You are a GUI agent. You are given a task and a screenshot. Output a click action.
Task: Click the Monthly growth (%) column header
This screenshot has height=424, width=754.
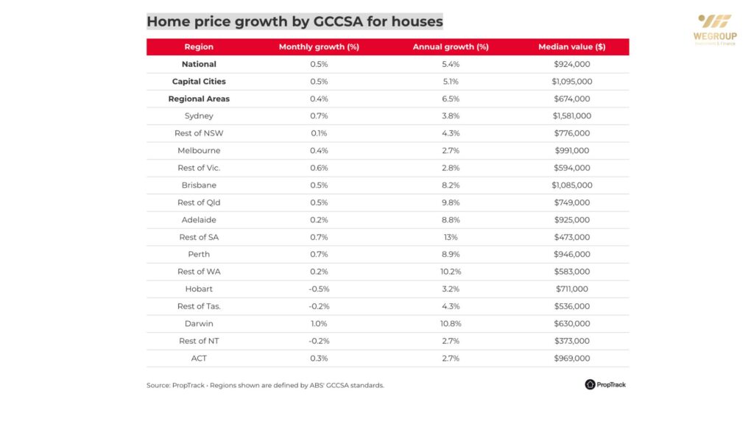coord(319,47)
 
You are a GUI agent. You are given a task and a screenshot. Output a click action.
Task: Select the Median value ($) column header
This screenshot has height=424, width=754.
coord(571,47)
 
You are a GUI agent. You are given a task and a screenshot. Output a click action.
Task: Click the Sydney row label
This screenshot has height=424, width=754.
coord(199,116)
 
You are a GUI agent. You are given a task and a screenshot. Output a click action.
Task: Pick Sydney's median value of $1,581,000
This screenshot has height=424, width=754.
coord(572,116)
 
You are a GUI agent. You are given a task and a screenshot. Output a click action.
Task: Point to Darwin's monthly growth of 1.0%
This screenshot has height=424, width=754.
coord(319,323)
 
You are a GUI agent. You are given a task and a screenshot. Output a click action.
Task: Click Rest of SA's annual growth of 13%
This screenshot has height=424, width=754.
coord(450,237)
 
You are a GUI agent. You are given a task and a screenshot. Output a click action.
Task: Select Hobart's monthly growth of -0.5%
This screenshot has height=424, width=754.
coord(319,289)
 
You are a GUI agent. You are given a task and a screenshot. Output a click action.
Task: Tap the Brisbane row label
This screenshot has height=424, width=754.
coord(199,185)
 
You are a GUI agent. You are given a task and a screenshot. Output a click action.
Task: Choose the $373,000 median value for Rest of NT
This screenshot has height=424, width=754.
coord(572,341)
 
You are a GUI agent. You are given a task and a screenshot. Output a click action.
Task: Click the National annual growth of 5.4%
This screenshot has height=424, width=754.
coord(450,64)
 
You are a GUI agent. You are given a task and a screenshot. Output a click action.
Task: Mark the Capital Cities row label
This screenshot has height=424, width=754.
coord(199,81)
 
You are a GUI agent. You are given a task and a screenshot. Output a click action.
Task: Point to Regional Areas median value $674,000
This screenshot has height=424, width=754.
coord(572,99)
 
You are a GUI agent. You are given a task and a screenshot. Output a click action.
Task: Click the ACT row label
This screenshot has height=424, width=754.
coord(199,358)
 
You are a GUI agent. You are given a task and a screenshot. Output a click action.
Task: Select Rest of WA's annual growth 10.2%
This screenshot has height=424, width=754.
coord(450,272)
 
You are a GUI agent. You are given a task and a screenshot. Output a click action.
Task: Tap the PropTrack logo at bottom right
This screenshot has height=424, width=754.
coord(605,384)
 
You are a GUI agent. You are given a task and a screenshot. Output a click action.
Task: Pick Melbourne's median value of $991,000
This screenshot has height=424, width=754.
coord(572,150)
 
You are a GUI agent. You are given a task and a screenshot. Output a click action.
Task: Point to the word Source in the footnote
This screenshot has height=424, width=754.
coord(158,385)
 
